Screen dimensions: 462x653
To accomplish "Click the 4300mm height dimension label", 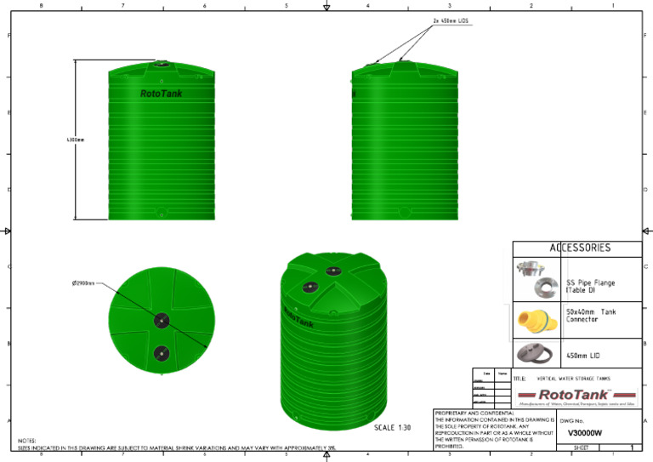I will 75,140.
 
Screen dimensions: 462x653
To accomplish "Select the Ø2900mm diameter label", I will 83,283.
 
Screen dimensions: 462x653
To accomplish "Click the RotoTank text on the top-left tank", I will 161,94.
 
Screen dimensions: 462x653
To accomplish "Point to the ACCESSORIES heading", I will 580,248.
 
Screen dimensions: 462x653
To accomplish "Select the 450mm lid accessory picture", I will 536,352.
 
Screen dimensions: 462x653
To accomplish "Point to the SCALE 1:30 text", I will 392,427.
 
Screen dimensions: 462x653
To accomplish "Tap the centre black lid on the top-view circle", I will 161,320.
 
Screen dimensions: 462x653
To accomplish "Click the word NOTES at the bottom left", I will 26,441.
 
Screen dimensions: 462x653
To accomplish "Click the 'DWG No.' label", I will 571,420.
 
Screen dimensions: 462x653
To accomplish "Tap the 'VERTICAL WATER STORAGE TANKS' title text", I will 575,377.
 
